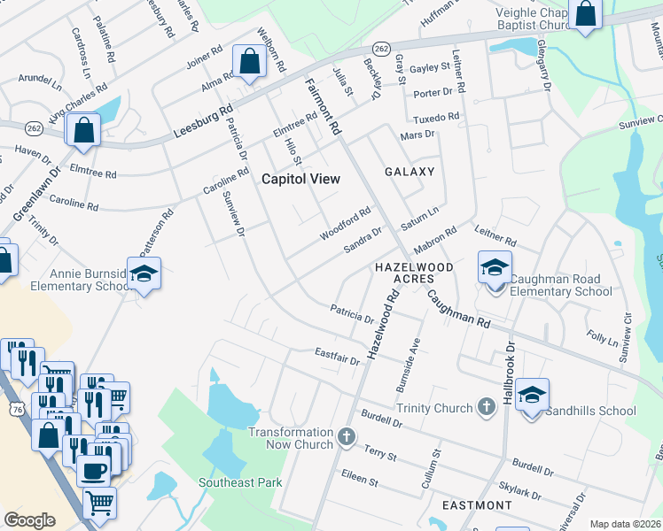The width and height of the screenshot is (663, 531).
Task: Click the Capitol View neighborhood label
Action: [300, 178]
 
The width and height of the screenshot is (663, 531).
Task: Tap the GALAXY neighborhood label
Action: [409, 171]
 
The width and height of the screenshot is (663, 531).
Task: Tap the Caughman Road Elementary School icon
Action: [495, 266]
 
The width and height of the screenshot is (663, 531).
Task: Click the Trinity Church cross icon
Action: [485, 407]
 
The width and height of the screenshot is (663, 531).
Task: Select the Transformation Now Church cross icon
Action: [346, 436]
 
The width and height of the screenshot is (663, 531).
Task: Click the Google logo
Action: [29, 520]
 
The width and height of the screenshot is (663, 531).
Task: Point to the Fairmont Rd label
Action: [323, 106]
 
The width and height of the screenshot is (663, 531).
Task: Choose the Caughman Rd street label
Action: [457, 310]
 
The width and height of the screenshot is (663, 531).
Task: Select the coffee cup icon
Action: [94, 470]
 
